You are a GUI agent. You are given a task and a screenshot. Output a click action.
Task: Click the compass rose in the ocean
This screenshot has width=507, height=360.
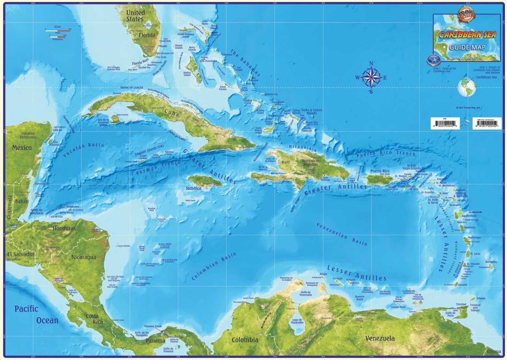pyautogui.click(x=371, y=77)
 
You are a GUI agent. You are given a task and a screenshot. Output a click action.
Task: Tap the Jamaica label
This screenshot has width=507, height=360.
pyautogui.click(x=193, y=188)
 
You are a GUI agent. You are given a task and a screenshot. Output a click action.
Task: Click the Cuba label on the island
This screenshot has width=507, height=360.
pyautogui.click(x=172, y=113)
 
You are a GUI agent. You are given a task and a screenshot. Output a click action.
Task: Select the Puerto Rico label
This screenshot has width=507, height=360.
pyautogui.click(x=380, y=171)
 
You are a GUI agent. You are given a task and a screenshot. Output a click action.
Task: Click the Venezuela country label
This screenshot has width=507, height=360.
pyautogui.click(x=380, y=338)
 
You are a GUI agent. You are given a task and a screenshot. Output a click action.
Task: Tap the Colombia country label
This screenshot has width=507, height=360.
pyautogui.click(x=245, y=340)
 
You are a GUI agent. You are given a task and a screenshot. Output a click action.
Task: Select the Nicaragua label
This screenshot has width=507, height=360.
pyautogui.click(x=84, y=257)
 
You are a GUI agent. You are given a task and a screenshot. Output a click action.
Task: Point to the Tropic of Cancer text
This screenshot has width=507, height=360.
pyautogui.click(x=132, y=87)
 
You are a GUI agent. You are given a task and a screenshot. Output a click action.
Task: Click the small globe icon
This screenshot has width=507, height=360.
pyautogui.click(x=466, y=87)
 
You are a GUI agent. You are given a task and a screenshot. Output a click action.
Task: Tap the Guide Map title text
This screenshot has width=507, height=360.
pyautogui.click(x=467, y=48)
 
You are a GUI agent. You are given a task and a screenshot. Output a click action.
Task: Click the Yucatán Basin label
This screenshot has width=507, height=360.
pyautogui.click(x=83, y=150)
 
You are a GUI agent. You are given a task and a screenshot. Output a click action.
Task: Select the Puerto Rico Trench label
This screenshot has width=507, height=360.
pyautogui.click(x=386, y=154)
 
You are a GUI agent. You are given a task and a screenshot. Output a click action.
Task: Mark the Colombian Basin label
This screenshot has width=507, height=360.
pyautogui.click(x=214, y=266)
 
